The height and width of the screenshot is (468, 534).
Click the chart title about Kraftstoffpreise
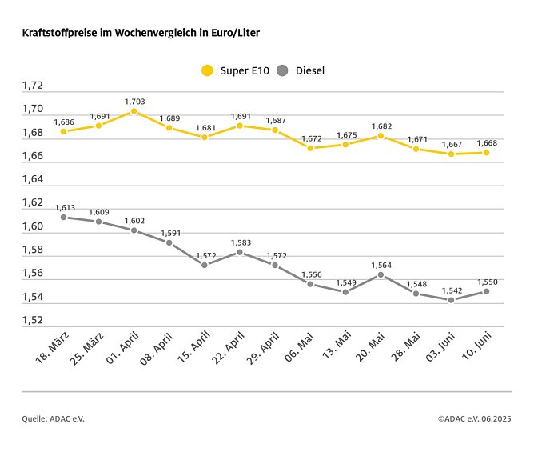click(x=141, y=33)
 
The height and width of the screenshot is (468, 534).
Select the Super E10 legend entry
click(x=234, y=70)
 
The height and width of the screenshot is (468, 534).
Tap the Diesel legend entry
click(x=300, y=70)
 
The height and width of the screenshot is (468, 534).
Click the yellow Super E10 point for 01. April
click(x=133, y=111)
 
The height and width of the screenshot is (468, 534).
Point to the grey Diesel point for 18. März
click(x=63, y=217)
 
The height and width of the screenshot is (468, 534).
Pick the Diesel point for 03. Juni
click(x=451, y=300)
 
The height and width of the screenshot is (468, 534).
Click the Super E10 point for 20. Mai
click(x=381, y=136)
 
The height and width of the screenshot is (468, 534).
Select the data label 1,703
click(x=134, y=102)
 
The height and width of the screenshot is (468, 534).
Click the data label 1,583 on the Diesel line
click(x=240, y=242)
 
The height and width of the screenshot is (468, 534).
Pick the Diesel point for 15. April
click(x=205, y=265)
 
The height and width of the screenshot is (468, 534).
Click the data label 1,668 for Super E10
click(x=486, y=143)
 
